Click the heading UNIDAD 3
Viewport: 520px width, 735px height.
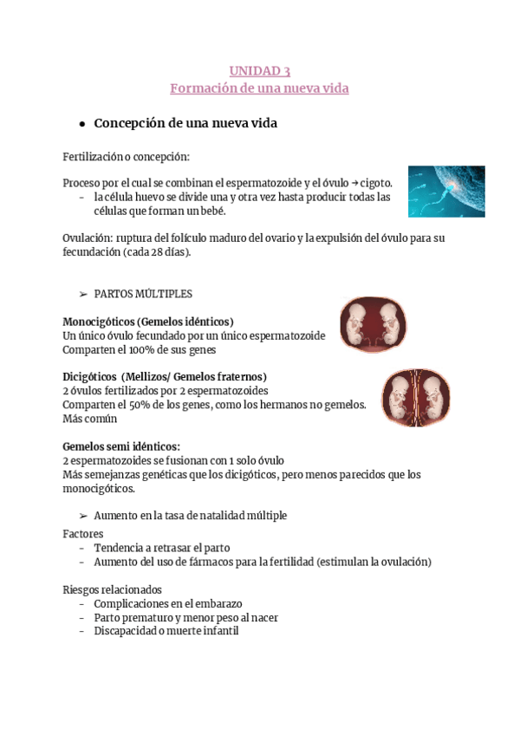[x=259, y=70]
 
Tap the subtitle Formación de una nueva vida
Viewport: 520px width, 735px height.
[x=259, y=88]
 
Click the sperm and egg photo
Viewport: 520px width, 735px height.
[x=446, y=192]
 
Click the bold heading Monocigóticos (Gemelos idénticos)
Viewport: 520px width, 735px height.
[x=148, y=322]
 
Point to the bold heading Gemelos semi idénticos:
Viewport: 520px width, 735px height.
[x=121, y=446]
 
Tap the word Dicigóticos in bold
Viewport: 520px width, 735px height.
[x=89, y=377]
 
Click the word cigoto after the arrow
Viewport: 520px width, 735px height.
[x=376, y=183]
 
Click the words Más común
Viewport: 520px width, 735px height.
[x=90, y=419]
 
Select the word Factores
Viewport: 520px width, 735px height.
[x=83, y=534]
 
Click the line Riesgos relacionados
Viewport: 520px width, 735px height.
[x=112, y=589]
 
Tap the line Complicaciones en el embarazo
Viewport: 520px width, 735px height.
[x=167, y=603]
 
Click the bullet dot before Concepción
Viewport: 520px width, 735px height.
[x=81, y=124]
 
